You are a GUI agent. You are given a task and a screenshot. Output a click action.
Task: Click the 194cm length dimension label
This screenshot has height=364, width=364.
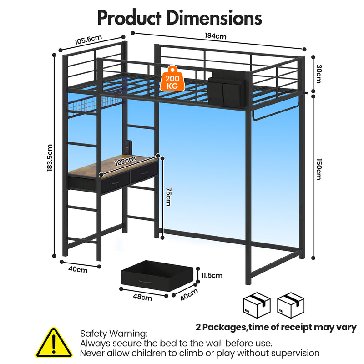(215, 36)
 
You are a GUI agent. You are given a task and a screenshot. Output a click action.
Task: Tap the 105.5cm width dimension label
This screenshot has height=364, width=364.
(88, 40)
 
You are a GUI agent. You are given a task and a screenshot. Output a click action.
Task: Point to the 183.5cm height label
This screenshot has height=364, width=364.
(50, 158)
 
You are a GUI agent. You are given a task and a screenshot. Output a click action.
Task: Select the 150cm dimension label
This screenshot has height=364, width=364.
(319, 169)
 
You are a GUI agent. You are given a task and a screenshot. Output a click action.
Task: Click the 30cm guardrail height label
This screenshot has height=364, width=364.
(319, 74)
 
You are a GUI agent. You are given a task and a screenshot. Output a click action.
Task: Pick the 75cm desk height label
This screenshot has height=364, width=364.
(168, 197)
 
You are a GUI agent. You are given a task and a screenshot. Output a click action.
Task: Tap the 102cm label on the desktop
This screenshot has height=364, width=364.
(125, 161)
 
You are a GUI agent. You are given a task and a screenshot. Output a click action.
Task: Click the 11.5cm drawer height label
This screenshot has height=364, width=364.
(212, 275)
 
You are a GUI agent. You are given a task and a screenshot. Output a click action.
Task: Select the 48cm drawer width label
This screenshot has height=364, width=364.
(142, 297)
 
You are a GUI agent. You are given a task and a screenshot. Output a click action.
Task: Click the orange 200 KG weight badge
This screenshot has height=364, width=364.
(172, 78)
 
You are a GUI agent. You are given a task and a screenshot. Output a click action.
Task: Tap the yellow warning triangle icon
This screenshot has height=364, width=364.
(54, 343)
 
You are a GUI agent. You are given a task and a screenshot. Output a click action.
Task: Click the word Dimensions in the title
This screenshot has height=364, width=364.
(214, 18)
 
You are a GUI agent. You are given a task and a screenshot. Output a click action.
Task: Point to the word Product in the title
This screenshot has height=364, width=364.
(129, 18)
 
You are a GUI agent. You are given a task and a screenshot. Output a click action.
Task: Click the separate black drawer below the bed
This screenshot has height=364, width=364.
(157, 276)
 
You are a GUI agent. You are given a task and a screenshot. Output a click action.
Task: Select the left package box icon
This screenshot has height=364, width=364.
(257, 305)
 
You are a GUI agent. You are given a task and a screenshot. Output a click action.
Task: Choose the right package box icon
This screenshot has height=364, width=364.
(291, 305)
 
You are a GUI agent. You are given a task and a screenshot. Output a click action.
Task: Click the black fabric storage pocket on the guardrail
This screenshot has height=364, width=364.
(226, 88)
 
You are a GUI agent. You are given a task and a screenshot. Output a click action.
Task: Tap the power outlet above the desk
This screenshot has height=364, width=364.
(128, 147)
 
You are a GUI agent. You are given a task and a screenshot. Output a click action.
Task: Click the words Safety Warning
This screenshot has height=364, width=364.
(114, 334)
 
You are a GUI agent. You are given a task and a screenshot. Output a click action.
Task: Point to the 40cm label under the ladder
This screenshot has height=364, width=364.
(78, 269)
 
